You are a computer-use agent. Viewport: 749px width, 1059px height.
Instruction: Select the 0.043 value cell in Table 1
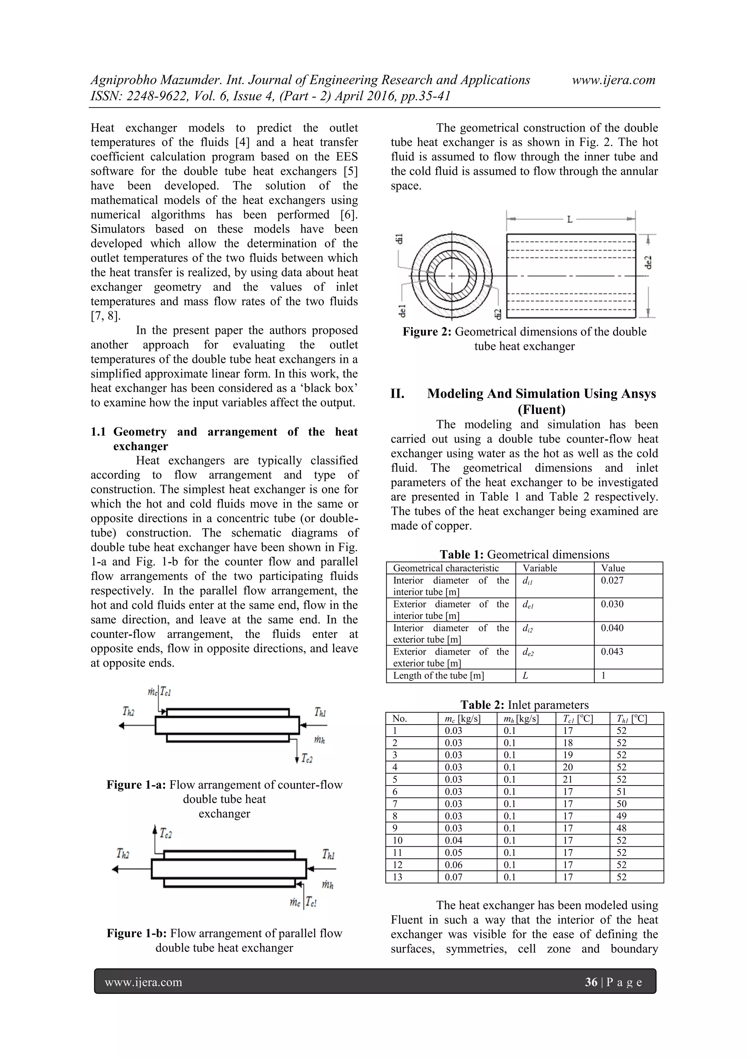611,651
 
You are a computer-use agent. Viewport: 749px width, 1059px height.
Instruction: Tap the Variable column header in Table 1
539,568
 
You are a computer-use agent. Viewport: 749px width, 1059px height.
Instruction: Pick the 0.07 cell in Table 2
453,877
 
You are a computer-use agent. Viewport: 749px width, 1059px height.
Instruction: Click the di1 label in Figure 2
400,238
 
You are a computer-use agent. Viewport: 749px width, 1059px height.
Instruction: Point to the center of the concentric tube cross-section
452,276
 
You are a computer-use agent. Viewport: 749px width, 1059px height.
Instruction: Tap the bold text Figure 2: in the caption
427,332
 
